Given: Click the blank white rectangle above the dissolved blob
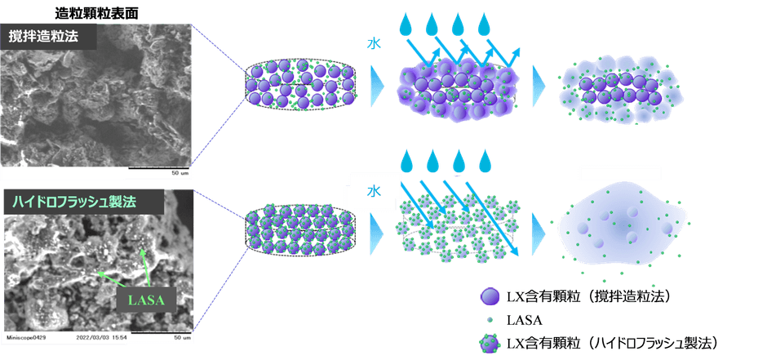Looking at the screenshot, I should (x=620, y=173).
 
